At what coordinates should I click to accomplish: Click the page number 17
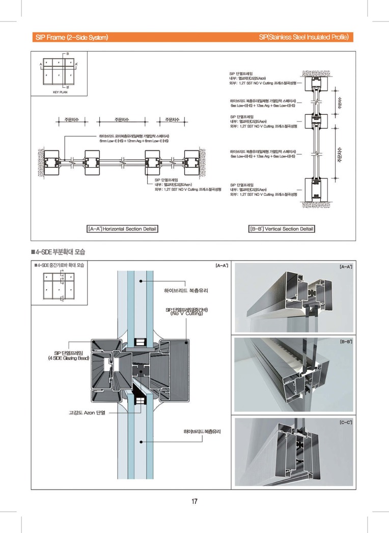194,502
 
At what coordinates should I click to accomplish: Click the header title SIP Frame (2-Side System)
71,37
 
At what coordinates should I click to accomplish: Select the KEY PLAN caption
60,92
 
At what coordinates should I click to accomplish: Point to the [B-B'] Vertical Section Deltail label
281,229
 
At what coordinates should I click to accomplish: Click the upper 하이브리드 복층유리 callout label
186,290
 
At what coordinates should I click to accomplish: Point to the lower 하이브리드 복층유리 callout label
206,432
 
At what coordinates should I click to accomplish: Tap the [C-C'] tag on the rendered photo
346,422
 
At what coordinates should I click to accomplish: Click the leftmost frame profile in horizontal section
52,162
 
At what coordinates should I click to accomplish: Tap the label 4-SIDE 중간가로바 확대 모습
60,265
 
